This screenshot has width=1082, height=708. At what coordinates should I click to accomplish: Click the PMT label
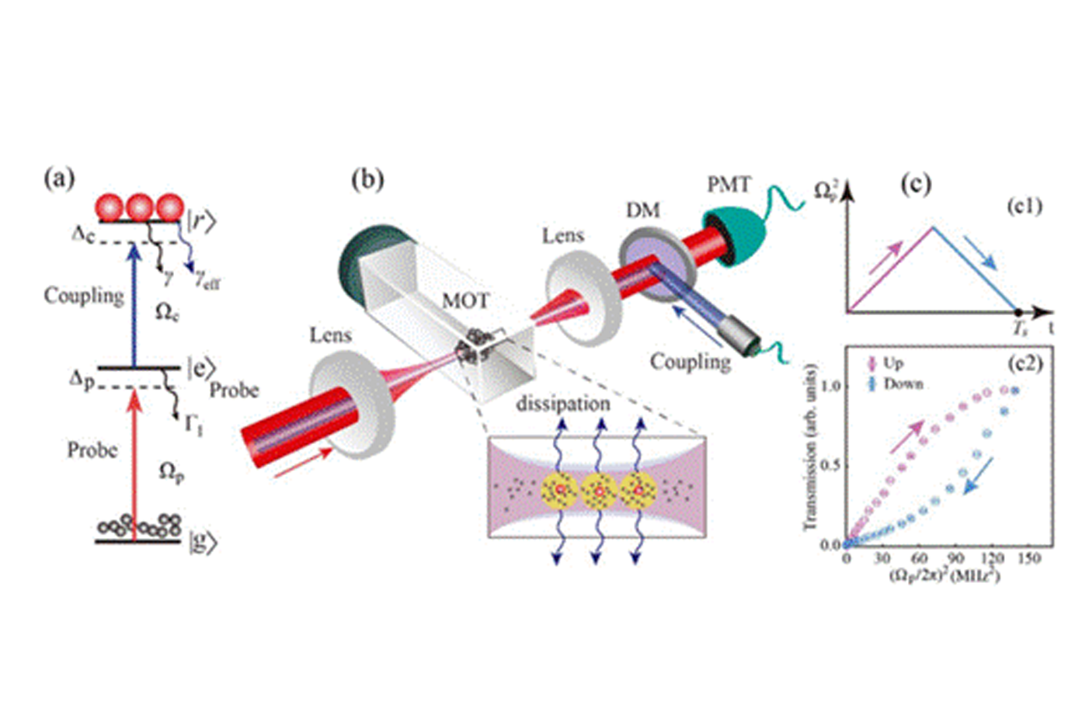pos(729,185)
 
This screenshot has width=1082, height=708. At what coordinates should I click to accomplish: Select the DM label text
pos(644,210)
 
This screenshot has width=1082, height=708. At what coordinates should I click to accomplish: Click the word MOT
pos(466,300)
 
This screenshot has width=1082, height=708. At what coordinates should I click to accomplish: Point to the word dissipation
pos(562,404)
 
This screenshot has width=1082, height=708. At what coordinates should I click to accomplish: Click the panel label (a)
pos(60,179)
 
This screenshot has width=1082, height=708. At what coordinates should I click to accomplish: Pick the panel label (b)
pos(367,179)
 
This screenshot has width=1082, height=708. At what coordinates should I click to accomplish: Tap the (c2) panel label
pos(1025,363)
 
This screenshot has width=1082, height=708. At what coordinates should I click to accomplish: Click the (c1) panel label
pos(1025,206)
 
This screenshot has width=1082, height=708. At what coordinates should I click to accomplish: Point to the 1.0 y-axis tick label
pos(831,386)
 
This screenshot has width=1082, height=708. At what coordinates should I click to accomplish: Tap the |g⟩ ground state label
pos(202,542)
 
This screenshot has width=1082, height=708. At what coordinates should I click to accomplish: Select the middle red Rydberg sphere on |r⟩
pos(140,208)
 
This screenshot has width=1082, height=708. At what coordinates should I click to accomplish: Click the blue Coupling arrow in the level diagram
pos(135,303)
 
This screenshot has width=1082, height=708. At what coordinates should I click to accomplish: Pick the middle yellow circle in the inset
pos(599,491)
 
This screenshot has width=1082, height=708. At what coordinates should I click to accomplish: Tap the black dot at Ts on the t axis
pos(1018,312)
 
